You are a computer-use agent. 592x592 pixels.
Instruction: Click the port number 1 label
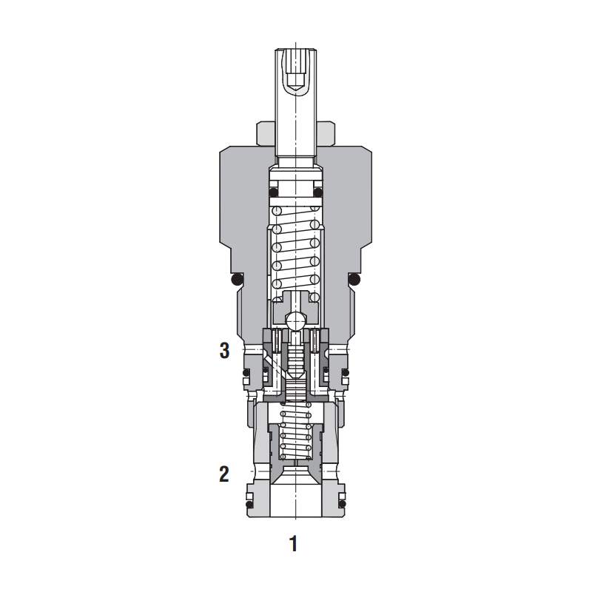pos(293,544)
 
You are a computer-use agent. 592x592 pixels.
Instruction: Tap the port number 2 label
pos(224,474)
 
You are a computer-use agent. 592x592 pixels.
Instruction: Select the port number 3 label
pos(225,351)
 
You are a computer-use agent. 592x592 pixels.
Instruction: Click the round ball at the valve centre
pos(295,322)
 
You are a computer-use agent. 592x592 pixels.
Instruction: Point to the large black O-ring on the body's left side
pos(236,280)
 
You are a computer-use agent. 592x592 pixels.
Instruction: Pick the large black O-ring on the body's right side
pos(354,280)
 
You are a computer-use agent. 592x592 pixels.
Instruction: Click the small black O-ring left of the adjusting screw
pos(274,193)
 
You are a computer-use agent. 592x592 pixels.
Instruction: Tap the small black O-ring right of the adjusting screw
pos(318,193)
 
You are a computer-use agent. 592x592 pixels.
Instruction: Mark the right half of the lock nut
pos(325,133)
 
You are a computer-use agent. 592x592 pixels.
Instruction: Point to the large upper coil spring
pos(295,254)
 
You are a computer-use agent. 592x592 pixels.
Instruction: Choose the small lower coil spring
pos(295,433)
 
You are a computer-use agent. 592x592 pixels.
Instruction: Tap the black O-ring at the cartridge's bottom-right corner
pos(343,505)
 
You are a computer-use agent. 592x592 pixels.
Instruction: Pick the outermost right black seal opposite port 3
pos(346,374)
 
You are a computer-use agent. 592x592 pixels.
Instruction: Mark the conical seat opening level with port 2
pos(295,474)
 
